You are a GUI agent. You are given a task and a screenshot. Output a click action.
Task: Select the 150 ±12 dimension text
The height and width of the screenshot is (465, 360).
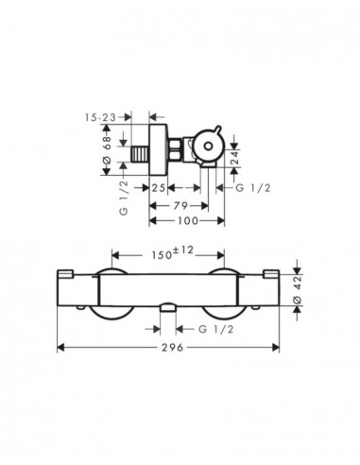pos(170,253)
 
